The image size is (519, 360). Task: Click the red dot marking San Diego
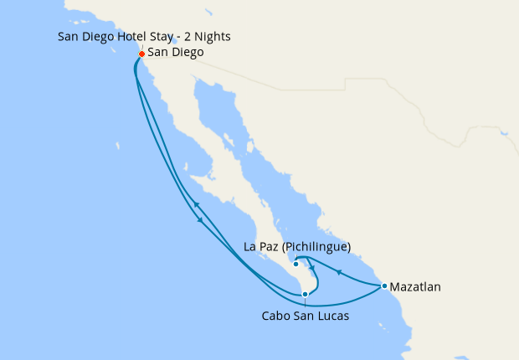coord(141,54)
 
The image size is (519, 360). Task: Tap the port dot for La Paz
coord(296,265)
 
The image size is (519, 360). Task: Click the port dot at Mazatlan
coord(384,286)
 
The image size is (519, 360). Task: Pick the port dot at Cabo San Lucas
coord(306,294)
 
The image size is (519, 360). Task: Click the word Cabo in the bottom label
coord(277,316)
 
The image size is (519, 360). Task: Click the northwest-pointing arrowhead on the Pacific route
coord(195,204)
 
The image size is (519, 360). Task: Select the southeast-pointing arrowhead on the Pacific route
coord(201,221)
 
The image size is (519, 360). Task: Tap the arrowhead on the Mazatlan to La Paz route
coord(337,271)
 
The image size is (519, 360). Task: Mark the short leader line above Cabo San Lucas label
coord(306,302)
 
